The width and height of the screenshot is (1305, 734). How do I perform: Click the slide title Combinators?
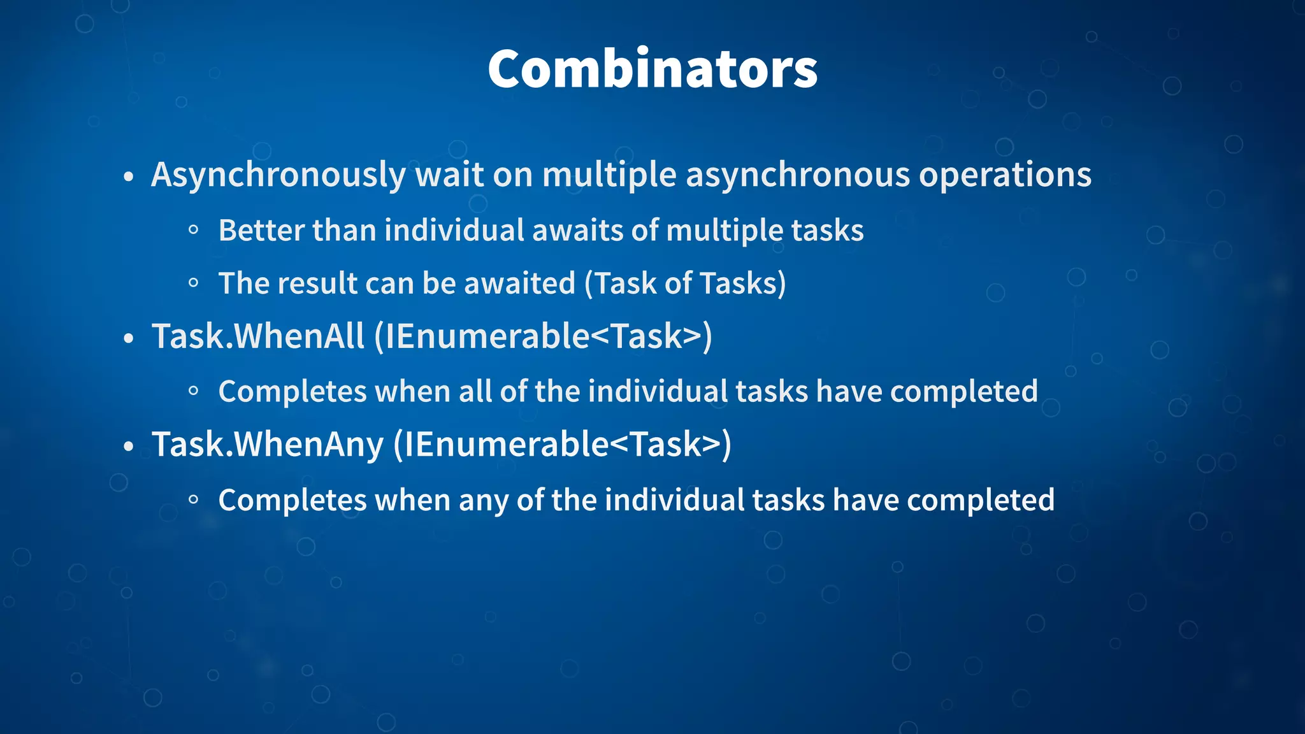tap(652, 69)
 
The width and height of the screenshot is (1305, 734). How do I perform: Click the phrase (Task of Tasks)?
tap(686, 284)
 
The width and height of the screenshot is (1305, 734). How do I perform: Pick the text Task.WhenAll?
tap(258, 336)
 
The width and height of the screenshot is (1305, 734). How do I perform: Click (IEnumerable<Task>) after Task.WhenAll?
tap(543, 336)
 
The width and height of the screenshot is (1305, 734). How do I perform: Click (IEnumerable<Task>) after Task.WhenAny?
tap(563, 445)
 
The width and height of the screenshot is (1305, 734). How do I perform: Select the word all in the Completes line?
tap(475, 391)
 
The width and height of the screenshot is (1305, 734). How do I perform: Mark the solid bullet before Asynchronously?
tap(129, 177)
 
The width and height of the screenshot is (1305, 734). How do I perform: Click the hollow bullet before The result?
tap(194, 284)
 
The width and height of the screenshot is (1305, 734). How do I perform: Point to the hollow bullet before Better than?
tap(194, 231)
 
